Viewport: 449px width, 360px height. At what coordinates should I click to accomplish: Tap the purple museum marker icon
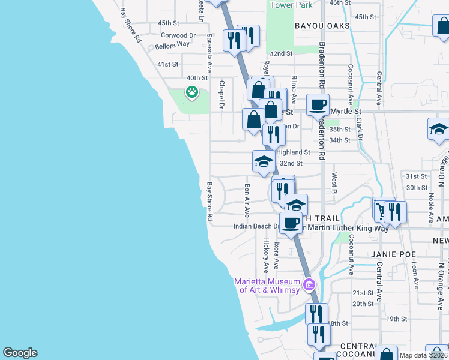(310, 284)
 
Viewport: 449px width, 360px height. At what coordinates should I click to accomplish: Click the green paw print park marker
(191, 92)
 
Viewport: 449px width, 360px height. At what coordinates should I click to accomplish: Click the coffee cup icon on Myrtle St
(318, 105)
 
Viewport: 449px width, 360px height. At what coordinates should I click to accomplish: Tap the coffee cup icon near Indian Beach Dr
(291, 223)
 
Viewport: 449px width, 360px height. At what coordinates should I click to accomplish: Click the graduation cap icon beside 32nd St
(263, 161)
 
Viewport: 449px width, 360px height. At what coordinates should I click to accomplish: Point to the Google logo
(20, 353)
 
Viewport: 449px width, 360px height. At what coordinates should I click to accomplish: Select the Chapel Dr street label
(221, 95)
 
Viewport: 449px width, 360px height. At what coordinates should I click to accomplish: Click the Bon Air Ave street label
(247, 198)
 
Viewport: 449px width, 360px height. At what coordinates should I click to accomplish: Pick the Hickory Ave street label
(266, 255)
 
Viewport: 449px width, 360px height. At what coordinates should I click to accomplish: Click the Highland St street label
(293, 152)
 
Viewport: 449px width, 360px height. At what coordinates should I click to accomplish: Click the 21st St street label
(363, 293)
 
